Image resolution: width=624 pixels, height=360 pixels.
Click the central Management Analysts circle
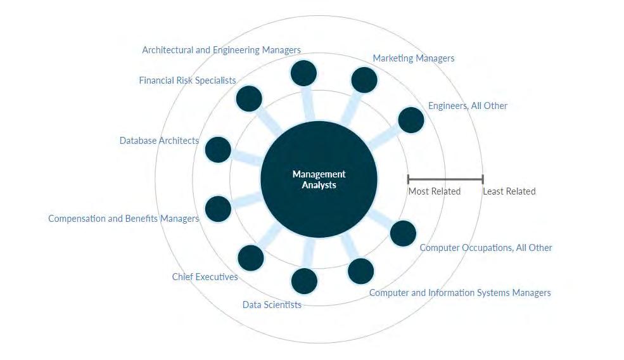click(x=319, y=179)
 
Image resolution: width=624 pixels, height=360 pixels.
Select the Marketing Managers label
click(x=413, y=58)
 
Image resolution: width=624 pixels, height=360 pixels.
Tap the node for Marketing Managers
click(x=364, y=80)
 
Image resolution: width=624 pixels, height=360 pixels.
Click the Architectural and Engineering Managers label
click(x=221, y=49)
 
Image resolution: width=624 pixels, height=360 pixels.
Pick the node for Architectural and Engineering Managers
click(x=303, y=73)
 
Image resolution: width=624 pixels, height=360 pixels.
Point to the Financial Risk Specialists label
click(x=188, y=80)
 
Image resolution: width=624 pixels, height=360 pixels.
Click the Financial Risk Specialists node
click(x=249, y=98)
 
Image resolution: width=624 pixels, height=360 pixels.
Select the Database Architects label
click(x=159, y=141)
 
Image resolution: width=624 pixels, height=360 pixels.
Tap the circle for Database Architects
click(x=218, y=150)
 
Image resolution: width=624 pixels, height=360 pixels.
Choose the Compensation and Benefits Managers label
click(x=124, y=219)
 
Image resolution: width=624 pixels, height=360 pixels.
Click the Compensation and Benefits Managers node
click(x=218, y=209)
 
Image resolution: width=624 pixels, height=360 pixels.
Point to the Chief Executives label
click(x=205, y=277)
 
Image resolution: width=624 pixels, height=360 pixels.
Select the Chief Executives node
click(x=251, y=257)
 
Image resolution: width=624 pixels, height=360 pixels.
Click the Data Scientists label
click(x=272, y=305)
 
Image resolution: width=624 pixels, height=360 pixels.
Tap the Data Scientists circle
click(x=304, y=281)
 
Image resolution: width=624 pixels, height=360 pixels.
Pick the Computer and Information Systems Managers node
click(x=361, y=271)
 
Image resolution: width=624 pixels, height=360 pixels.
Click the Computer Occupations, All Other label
click(x=486, y=248)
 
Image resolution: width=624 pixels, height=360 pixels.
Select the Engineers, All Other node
click(x=411, y=120)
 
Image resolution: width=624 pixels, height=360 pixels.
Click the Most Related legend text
click(x=434, y=191)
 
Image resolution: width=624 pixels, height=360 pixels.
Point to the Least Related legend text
click(x=509, y=191)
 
